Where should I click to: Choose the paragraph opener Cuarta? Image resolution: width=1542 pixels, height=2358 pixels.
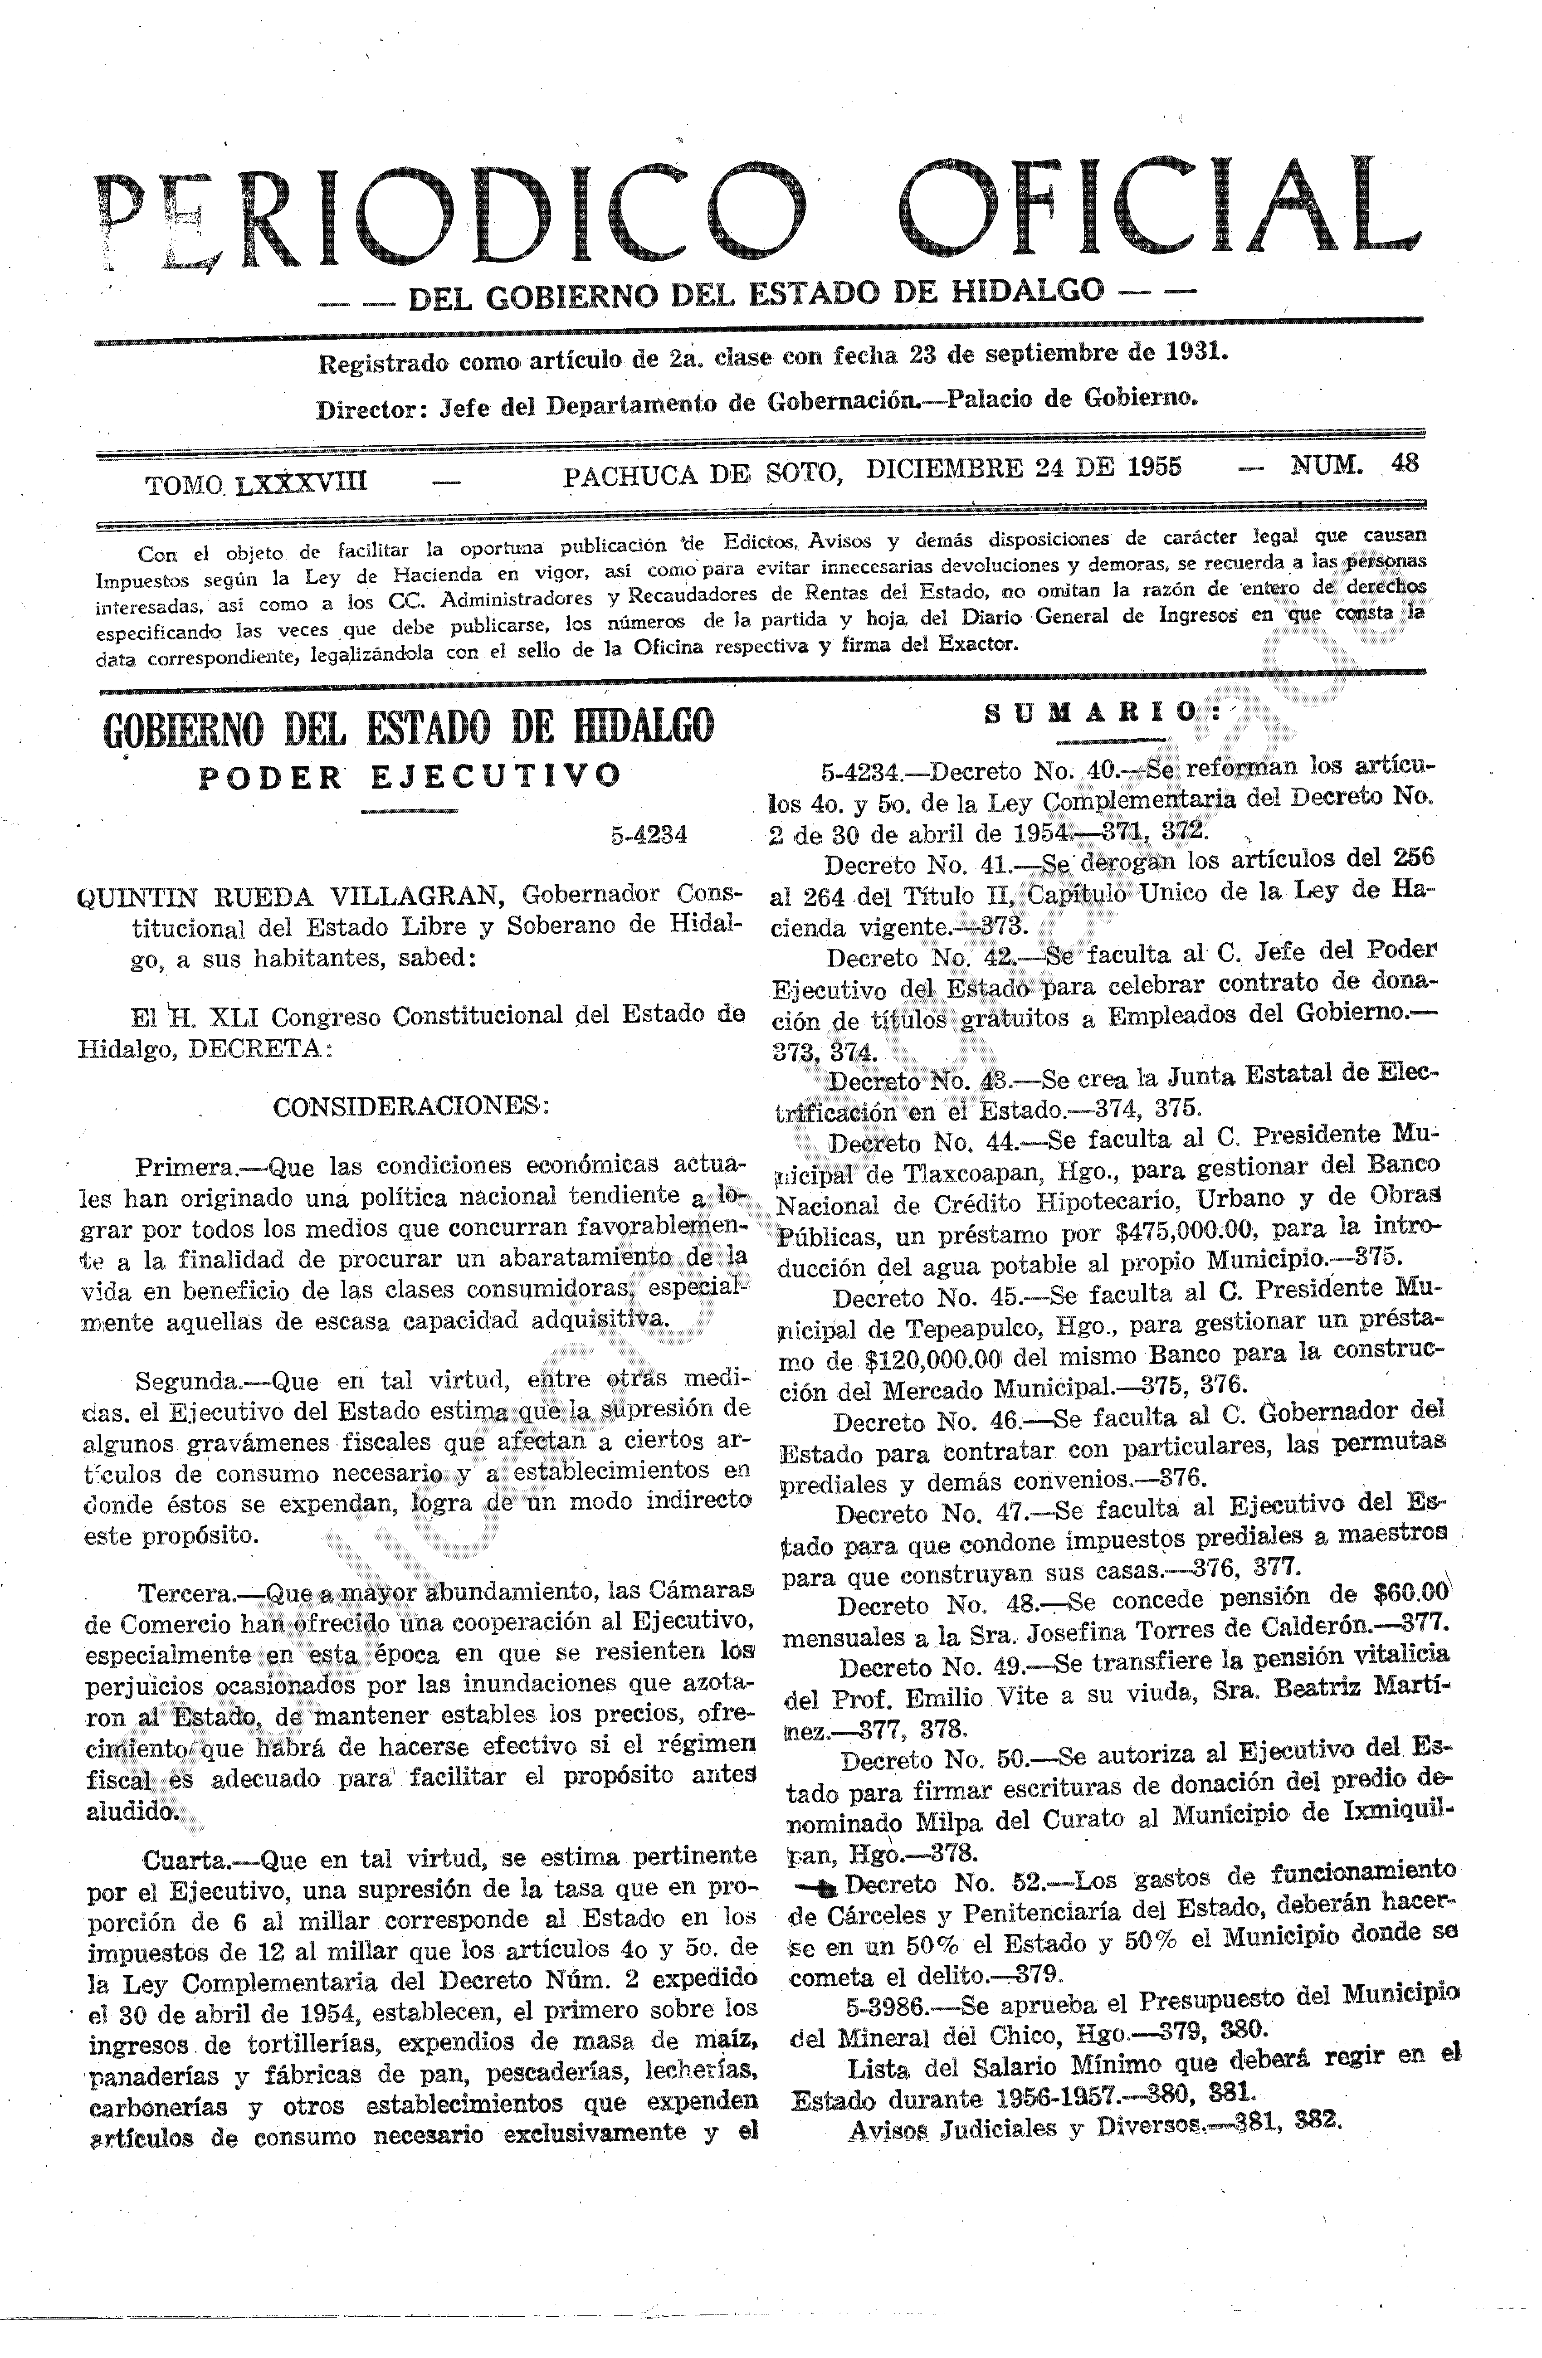185,1856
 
